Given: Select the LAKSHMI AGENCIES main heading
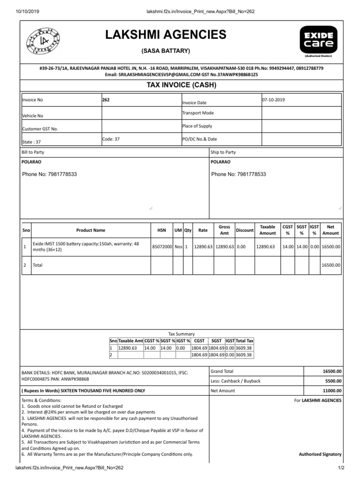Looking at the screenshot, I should point(165,35).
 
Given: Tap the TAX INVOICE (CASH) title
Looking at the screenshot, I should point(181,84).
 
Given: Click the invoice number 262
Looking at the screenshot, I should point(106,100).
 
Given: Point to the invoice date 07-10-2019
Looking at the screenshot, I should point(273,100).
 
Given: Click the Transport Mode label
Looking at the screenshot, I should point(198,113).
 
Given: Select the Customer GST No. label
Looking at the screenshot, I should point(40,129).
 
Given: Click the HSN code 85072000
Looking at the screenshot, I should point(161,247).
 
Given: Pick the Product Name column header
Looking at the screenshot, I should point(90,230).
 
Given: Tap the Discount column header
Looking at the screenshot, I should point(244,230).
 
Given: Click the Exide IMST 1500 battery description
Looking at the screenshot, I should point(86,247).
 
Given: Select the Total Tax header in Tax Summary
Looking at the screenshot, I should point(244,341).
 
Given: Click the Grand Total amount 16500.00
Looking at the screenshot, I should point(332,371).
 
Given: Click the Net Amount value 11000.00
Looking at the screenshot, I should point(332,390).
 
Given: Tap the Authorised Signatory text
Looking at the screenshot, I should point(320,454).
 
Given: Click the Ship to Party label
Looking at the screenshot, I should point(224,152).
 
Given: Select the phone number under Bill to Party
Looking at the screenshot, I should point(50,174).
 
